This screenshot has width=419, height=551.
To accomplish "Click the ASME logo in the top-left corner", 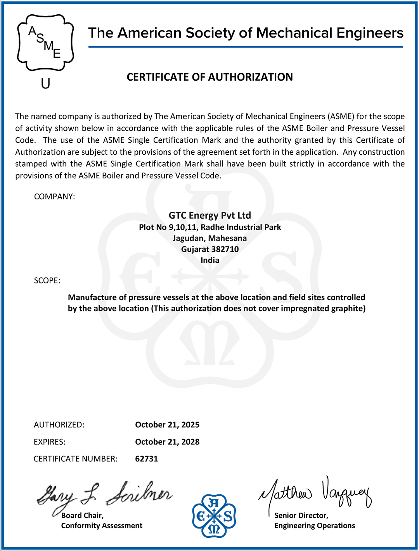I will pos(45,43).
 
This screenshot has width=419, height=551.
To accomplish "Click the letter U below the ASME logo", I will pos(45,83).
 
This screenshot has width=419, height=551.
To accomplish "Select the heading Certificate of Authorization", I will pos(209,77).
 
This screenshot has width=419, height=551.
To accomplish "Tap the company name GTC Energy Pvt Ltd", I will pos(209,215).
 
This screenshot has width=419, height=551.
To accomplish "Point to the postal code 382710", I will pos(225,249).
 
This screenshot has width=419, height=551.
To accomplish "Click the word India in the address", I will pos(210,260).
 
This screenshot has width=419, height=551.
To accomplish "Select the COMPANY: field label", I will pos(54,197).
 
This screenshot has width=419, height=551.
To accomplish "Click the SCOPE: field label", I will pos(47,280).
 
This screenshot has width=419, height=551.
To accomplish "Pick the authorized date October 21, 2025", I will pos(167,425).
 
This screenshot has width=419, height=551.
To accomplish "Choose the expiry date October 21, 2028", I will pos(167,442).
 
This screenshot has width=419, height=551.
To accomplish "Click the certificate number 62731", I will pos(146,459).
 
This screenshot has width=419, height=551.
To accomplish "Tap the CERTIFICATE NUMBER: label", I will pos(75,459).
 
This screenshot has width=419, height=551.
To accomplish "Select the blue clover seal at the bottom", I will pos(214,516).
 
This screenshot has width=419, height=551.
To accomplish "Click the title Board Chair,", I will pos(82,515).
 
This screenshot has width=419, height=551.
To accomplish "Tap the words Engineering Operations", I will pos(315,525).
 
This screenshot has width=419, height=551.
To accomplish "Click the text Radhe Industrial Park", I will pos(241,227).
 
